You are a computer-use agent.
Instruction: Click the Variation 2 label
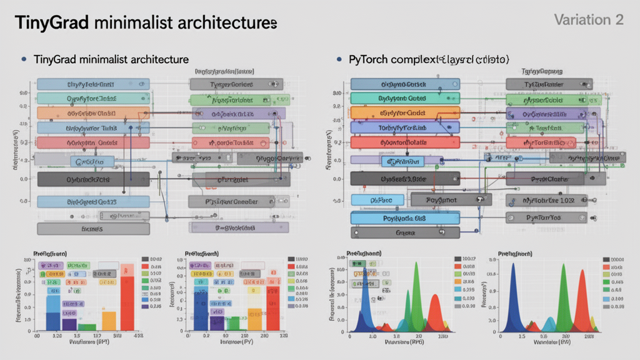589,20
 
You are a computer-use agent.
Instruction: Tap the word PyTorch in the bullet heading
367,59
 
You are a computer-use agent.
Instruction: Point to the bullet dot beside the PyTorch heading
338,59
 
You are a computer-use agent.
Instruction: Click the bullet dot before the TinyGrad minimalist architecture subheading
24,59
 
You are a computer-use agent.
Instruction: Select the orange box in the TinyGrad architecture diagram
93,113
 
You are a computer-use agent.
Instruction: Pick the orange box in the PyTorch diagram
405,113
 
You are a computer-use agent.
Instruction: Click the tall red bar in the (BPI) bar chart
127,297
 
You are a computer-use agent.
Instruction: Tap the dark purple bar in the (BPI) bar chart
69,324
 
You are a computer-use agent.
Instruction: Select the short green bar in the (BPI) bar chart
87,327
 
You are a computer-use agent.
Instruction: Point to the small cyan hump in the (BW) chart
549,324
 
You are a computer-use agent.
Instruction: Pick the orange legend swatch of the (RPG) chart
457,266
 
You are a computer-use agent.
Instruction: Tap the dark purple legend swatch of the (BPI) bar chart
145,306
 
